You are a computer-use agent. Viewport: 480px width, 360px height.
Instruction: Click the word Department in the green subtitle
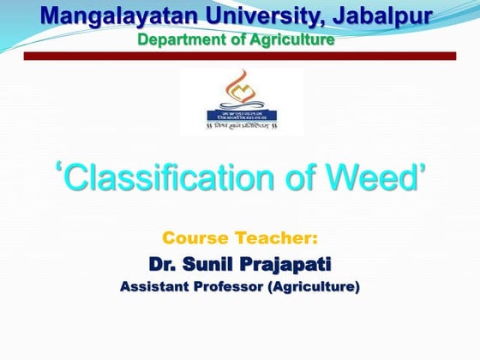tap(178, 39)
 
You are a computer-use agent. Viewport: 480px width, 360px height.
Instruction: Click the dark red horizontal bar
tap(240, 56)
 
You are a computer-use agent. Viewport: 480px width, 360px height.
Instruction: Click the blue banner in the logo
tap(238, 113)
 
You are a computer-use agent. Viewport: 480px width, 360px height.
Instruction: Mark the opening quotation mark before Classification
tap(60, 168)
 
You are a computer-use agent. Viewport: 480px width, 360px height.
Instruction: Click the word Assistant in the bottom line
tap(155, 286)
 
